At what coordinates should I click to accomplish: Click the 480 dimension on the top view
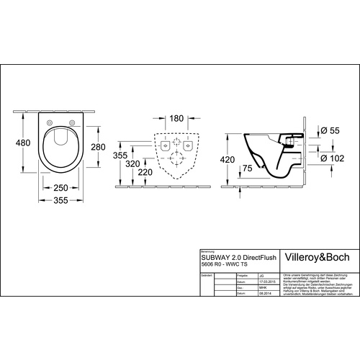point(24,143)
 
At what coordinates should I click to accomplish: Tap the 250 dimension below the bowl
point(60,187)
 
